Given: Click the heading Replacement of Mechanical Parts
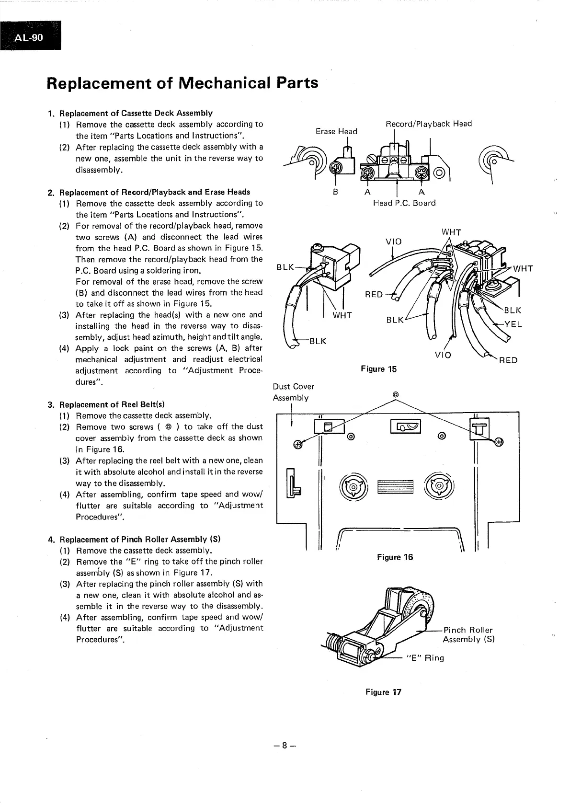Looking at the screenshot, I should (182, 83).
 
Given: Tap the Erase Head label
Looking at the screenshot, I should (336, 131).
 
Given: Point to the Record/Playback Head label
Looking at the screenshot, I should (429, 124).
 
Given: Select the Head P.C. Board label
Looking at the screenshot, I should (404, 203).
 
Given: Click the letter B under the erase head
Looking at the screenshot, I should (336, 192).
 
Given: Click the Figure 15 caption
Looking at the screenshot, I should (378, 368).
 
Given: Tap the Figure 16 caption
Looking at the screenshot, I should (395, 557).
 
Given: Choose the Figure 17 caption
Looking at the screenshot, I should (383, 692).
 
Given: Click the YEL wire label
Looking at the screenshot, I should (513, 324).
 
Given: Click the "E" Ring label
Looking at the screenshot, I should (425, 658).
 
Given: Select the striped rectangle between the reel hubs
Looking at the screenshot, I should (395, 487).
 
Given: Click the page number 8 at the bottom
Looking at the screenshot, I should (285, 745).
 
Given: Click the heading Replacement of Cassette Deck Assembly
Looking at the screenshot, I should (136, 113).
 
